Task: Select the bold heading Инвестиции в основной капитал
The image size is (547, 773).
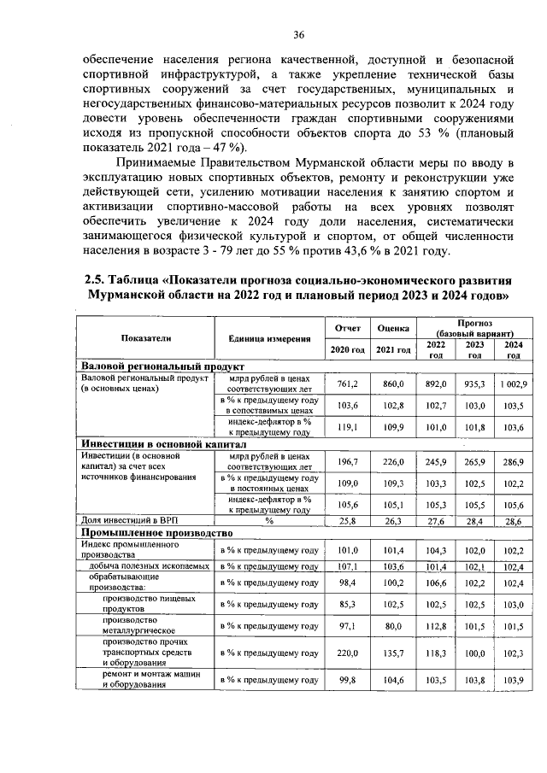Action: pyautogui.click(x=163, y=445)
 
